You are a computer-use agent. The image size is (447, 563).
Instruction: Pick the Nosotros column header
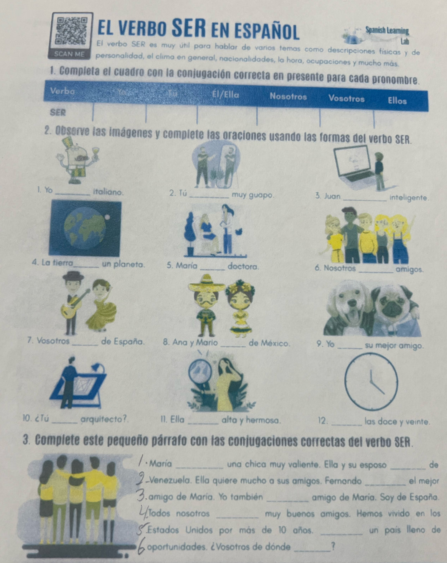(x=288, y=96)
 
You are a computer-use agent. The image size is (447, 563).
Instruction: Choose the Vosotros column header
(x=346, y=99)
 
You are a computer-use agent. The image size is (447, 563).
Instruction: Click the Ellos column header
(x=397, y=101)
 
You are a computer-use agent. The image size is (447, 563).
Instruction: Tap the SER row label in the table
(x=58, y=112)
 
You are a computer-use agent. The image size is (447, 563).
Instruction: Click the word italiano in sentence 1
(x=108, y=193)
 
